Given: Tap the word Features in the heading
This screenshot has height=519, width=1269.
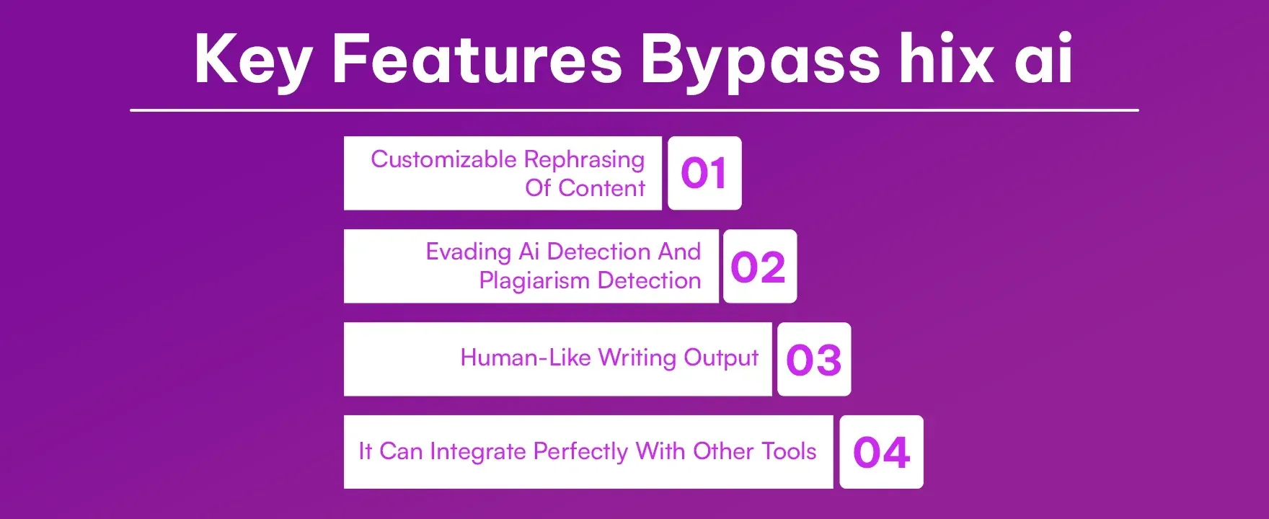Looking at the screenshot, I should (477, 59).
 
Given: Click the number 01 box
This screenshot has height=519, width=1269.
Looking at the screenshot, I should (704, 173).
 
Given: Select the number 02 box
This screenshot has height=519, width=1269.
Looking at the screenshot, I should (759, 267).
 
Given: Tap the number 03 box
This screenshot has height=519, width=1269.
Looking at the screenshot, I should (814, 359).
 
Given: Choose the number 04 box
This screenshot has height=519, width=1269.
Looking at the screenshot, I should (881, 452).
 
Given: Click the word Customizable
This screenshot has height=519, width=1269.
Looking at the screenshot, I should (443, 159).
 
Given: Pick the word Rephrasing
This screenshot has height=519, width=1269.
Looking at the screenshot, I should (584, 160).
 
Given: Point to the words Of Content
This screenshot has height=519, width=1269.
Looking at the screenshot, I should (585, 188).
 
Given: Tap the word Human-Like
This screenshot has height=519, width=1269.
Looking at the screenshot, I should (526, 358).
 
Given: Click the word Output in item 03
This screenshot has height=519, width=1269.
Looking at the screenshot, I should (721, 358).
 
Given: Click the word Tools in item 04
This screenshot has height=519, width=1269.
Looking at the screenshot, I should (789, 451).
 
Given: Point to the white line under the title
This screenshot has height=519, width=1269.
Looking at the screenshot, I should (634, 110).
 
